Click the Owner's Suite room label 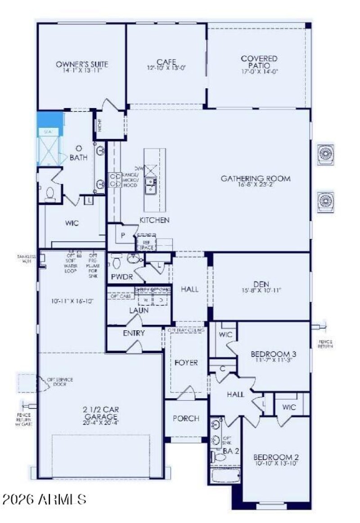click(82, 64)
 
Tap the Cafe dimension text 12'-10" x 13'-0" click(166, 68)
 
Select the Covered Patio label click(259, 62)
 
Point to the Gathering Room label click(255, 179)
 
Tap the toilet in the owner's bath click(49, 193)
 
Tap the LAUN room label click(139, 311)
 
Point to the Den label click(261, 284)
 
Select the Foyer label click(186, 362)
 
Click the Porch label click(186, 418)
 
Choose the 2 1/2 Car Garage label click(100, 413)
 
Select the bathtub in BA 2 click(225, 475)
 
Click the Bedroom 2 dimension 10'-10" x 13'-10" click(275, 463)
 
